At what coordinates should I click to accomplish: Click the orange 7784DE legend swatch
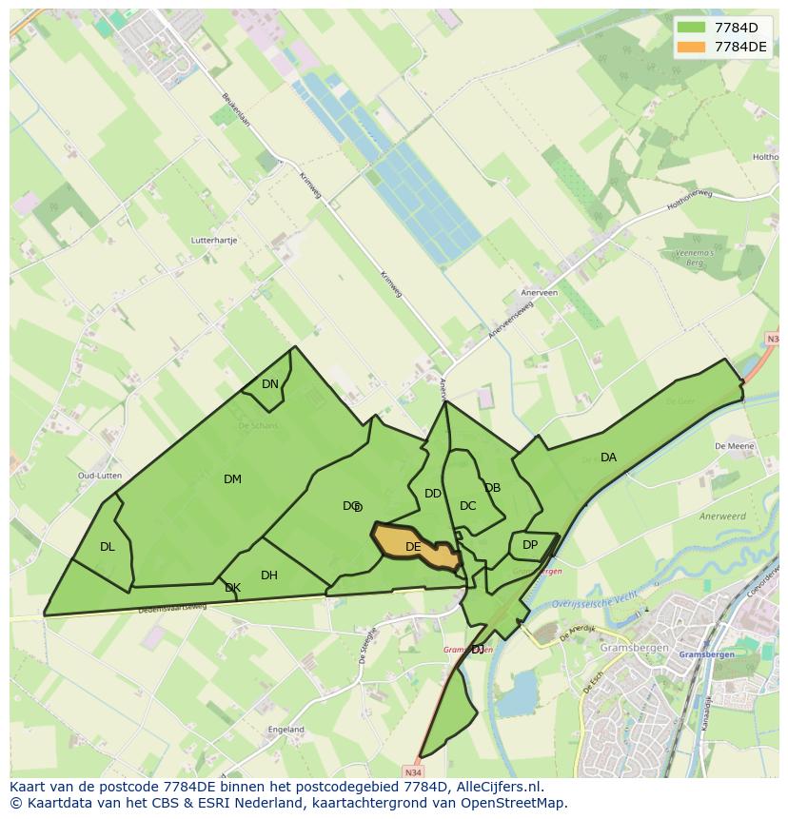(691, 47)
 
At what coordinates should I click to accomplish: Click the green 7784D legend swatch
(691, 27)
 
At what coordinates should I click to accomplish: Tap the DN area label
(270, 384)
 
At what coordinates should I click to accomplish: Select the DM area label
(232, 479)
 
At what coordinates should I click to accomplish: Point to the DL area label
(107, 547)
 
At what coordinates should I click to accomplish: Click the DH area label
(269, 575)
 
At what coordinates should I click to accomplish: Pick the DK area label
(232, 589)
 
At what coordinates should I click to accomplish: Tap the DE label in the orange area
(413, 547)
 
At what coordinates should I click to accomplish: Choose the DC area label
(467, 506)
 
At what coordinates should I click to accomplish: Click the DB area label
(492, 488)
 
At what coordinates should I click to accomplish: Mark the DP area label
(530, 545)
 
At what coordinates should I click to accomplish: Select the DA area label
(608, 458)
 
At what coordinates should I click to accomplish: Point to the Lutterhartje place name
(213, 242)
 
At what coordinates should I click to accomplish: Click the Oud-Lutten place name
(98, 476)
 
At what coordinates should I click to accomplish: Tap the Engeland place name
(286, 730)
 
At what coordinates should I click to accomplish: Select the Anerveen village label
(539, 293)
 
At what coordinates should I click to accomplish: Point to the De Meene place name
(734, 445)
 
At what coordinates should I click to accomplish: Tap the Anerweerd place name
(721, 516)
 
